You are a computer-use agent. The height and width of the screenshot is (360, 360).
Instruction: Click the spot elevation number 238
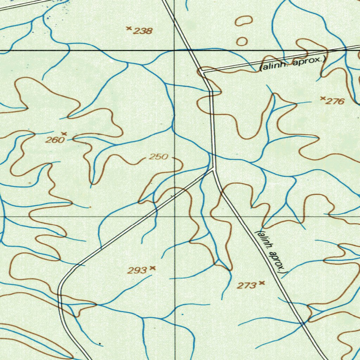point(143,31)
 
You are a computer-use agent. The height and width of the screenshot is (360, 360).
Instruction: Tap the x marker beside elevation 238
point(129,28)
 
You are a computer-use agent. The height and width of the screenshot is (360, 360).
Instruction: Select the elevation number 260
point(55,140)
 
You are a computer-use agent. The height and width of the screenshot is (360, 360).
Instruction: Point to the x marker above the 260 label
point(64,134)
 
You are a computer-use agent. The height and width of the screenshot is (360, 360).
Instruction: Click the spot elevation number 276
point(335,102)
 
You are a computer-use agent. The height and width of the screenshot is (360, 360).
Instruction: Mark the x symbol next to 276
point(323,98)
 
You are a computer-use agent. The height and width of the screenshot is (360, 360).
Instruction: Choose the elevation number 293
point(137,270)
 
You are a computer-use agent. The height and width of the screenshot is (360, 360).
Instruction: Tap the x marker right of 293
point(152,268)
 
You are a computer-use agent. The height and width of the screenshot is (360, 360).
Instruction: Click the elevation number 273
point(246,286)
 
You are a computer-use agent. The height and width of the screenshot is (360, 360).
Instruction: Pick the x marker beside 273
point(261,283)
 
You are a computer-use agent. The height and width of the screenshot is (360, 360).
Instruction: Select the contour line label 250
point(158,157)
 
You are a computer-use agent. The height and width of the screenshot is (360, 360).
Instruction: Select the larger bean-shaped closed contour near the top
point(244,21)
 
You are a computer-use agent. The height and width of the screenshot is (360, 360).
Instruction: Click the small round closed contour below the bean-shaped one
point(242,41)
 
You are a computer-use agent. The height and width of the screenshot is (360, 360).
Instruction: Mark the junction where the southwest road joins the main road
point(213,170)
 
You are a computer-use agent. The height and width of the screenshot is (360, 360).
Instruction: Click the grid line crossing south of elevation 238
point(175,51)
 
